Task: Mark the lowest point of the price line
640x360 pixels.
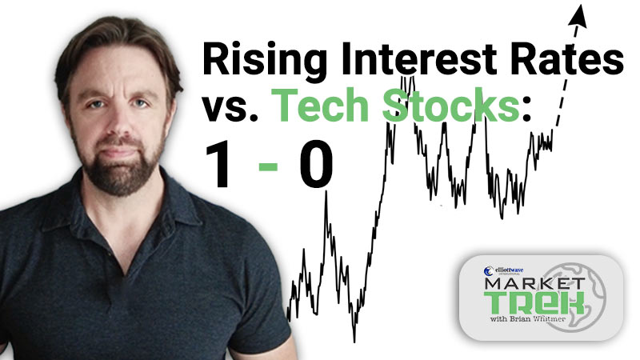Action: tap(354, 342)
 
